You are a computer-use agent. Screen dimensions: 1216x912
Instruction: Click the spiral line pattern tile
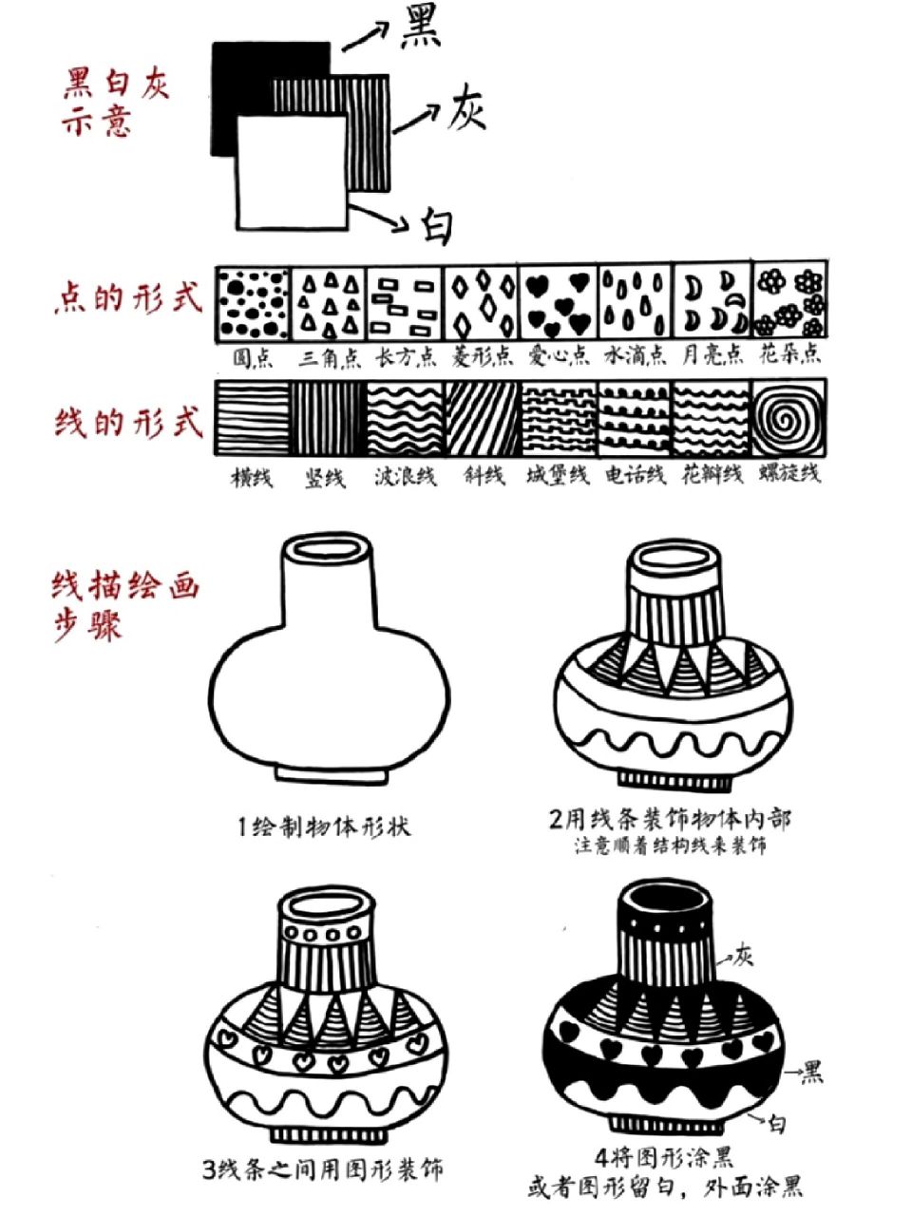click(788, 417)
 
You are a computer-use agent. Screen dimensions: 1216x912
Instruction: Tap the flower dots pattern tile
click(789, 302)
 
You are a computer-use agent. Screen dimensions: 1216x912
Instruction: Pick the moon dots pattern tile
click(712, 302)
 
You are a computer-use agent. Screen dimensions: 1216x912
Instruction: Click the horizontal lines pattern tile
click(252, 417)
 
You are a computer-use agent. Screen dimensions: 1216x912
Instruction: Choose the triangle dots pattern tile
click(329, 302)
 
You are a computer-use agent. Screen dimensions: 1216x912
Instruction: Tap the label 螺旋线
click(789, 473)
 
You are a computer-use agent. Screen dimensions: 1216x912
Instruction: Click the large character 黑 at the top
click(419, 28)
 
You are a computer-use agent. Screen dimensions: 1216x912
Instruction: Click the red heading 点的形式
click(127, 297)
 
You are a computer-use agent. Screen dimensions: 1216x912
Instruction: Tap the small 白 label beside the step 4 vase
click(777, 1124)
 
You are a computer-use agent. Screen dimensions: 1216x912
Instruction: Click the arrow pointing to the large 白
click(384, 218)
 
